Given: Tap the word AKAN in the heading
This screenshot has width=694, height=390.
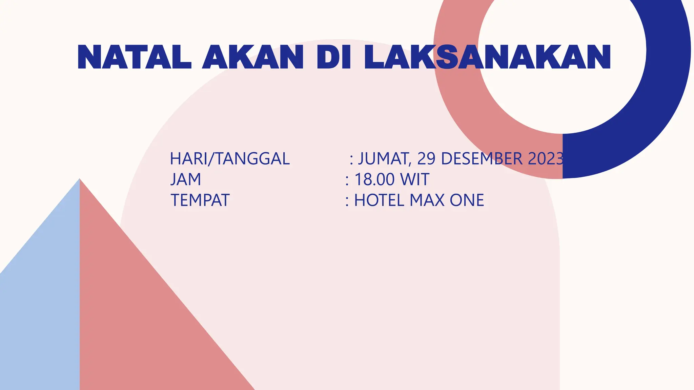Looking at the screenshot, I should click(x=252, y=57).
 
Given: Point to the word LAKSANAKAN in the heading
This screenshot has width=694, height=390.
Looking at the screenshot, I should click(x=487, y=57).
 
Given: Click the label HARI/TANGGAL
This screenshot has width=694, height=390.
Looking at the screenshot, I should click(x=230, y=159).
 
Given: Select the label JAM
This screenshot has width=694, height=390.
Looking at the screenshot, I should click(x=186, y=179).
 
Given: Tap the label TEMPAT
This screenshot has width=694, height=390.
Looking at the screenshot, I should click(x=200, y=200).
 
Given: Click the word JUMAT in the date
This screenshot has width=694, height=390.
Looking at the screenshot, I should click(x=385, y=159).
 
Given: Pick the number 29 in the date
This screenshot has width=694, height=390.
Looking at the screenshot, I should click(x=426, y=159).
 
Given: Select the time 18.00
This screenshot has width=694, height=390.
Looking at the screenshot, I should click(x=374, y=179).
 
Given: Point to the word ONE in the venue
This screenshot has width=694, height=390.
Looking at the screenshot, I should click(x=467, y=200).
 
